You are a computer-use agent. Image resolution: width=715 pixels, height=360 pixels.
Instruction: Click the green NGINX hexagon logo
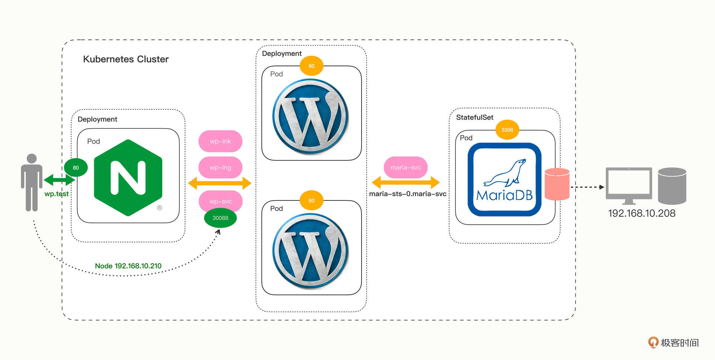pos(128,178)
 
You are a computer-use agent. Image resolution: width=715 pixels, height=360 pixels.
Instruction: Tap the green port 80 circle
pos(76,168)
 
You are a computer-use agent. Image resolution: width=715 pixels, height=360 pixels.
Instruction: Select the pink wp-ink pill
pos(220,141)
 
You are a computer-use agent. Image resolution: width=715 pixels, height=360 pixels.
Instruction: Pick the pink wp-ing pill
pos(220,168)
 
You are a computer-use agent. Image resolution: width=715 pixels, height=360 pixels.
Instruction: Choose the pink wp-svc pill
pos(220,201)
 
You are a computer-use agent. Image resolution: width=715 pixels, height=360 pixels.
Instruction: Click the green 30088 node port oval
pos(220,218)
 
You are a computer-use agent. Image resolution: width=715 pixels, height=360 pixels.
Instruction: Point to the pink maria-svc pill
pos(406,168)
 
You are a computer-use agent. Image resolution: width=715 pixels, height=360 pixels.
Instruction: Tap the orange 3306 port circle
pos(507,130)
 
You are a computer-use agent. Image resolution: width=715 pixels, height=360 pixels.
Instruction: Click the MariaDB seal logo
pos(505,179)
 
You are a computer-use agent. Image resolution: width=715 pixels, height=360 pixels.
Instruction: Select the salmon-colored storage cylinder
pos(557,184)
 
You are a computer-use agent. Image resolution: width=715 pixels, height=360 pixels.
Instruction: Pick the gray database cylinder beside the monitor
pos(672,186)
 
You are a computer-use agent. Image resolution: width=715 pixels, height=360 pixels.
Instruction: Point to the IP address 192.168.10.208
pos(642,213)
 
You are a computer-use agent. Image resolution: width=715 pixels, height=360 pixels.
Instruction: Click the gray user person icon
pos(32,182)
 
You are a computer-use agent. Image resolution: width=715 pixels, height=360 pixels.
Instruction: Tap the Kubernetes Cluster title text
pos(126,59)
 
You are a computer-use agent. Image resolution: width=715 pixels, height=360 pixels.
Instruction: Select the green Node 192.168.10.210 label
pos(128,266)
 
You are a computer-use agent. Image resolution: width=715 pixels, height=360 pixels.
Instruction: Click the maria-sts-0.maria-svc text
pos(408,194)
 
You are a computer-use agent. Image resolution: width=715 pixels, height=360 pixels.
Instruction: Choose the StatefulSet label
pos(475,117)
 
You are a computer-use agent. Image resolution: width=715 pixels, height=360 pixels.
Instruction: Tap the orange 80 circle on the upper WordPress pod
pos(311,66)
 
